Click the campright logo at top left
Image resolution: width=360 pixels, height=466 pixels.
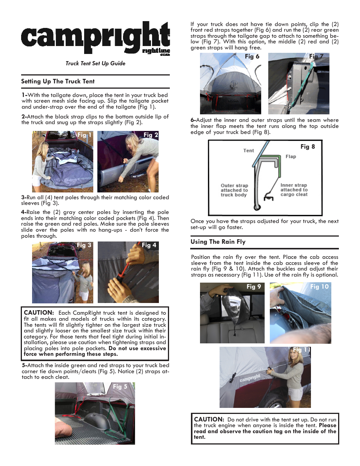(95, 38)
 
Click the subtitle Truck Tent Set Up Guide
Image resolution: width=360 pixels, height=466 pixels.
(95, 63)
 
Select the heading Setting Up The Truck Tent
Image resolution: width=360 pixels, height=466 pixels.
(58, 82)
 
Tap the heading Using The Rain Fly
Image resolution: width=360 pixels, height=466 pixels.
(218, 242)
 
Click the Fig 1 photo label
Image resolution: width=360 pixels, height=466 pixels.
(84, 135)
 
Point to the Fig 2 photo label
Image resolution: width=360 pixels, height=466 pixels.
(151, 135)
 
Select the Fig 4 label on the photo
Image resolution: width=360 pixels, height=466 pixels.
(149, 245)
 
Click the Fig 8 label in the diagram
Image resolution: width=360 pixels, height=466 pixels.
(307, 147)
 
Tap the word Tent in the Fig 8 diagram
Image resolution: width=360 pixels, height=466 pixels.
(248, 151)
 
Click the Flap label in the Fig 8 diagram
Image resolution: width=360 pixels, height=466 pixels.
(291, 157)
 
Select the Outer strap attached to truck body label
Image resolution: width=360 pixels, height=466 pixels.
(234, 190)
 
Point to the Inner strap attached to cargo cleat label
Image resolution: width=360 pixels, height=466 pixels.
(294, 190)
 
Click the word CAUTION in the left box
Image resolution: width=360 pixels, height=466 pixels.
(38, 313)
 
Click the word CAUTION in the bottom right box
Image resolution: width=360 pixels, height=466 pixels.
(209, 420)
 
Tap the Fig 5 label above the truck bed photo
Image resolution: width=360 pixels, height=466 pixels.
(120, 387)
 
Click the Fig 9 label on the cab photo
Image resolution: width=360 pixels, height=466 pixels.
(254, 287)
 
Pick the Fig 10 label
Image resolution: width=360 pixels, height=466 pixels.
(319, 287)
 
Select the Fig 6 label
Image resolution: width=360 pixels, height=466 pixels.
(252, 57)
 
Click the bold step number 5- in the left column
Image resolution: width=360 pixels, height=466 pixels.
(24, 365)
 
